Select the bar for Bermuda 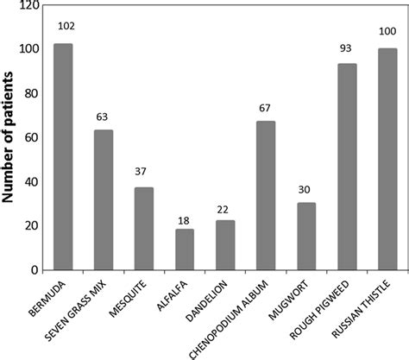(63, 156)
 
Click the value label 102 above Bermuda (66, 26)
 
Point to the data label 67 (266, 107)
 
